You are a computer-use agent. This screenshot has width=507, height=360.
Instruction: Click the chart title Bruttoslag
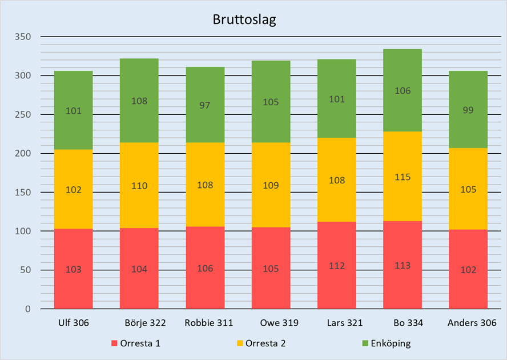point(244,19)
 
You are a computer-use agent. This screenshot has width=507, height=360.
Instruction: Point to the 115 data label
point(402,178)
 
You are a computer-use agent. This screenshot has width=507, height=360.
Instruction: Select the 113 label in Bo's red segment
point(402,266)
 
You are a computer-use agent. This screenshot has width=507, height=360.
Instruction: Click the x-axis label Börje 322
point(145,323)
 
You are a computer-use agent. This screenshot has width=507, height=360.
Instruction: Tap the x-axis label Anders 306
point(468,323)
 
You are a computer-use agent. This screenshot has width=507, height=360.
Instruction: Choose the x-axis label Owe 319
point(271,323)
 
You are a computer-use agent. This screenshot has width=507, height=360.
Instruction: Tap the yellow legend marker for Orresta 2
point(240,343)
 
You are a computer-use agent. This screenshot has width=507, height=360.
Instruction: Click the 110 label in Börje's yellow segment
point(139,186)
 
